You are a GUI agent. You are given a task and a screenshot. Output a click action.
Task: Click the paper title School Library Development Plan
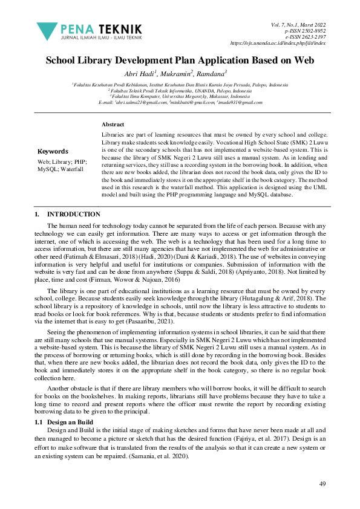[180, 60]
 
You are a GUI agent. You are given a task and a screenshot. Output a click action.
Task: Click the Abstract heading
[113, 124]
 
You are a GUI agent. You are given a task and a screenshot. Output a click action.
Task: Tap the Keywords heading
[53, 151]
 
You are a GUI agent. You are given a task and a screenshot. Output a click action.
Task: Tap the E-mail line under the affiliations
[180, 102]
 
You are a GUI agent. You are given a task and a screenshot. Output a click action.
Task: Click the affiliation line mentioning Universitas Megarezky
[180, 97]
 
